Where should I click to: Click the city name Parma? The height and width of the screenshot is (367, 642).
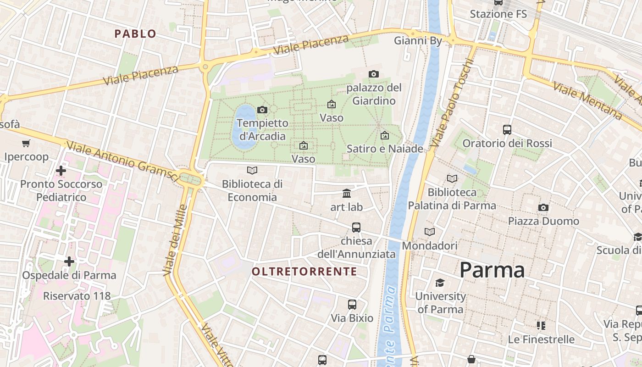[492, 270]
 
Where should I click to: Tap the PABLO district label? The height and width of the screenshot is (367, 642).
[135, 33]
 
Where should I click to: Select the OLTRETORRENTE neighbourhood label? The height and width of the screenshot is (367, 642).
[304, 271]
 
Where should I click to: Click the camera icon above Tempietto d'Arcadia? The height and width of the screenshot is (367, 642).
[262, 110]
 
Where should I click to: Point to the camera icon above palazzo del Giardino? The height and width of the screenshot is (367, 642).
[374, 74]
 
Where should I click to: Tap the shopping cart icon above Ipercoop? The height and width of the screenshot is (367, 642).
[26, 144]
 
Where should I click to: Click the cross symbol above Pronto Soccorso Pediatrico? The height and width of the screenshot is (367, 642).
[61, 171]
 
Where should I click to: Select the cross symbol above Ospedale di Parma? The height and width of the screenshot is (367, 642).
[69, 261]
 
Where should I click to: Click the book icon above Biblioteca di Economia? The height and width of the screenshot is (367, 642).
[252, 171]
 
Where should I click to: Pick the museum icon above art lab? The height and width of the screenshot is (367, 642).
[347, 194]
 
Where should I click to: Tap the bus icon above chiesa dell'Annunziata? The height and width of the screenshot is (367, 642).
[356, 227]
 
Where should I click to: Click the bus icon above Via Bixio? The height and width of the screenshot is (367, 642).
[352, 304]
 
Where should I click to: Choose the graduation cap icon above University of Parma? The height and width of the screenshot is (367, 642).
[440, 283]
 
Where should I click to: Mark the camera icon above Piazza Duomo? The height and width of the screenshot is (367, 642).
[543, 207]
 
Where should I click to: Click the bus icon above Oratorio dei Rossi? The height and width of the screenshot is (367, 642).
[507, 129]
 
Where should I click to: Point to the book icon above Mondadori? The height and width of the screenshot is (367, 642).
[430, 232]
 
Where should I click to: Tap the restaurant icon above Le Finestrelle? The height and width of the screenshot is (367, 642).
[541, 326]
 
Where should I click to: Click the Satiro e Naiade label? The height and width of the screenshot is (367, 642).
[385, 149]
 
